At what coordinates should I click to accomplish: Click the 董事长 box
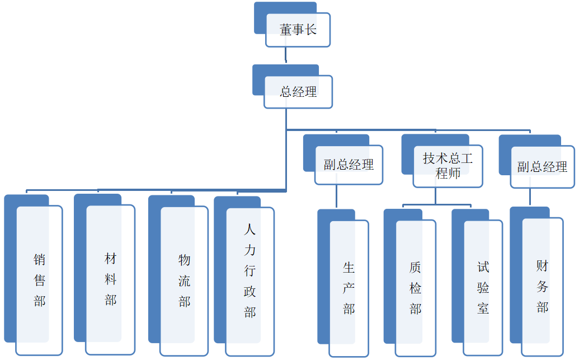coord(298,30)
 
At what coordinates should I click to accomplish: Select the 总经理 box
coord(298,92)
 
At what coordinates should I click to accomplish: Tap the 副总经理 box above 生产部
coord(349,165)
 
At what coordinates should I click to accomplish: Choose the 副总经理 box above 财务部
coord(542,167)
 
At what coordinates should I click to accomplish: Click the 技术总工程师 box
coord(448,166)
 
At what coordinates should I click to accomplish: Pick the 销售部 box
coord(39,280)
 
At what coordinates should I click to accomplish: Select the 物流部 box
coord(185,280)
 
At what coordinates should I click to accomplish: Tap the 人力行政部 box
coord(250,280)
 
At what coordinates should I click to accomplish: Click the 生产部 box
coord(349,288)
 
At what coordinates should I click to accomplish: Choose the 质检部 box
coord(415,288)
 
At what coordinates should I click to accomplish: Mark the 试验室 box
coord(483,288)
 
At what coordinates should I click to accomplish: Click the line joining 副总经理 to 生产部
coord(336,197)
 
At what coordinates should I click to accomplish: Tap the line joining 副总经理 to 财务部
coord(530,197)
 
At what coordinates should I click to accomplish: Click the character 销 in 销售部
coord(39,260)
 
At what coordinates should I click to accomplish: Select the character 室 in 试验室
coord(483,308)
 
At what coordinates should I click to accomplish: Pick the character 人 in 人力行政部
coord(250,230)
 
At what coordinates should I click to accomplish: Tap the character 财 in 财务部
coord(542,265)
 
